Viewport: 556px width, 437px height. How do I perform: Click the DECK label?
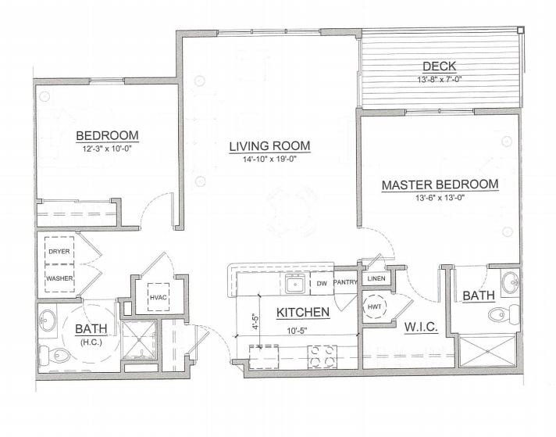click(x=439, y=66)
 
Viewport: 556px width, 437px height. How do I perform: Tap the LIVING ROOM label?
click(x=270, y=146)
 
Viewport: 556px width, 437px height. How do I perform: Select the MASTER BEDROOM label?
click(x=440, y=185)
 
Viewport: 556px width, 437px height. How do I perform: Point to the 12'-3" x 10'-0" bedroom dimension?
click(x=107, y=149)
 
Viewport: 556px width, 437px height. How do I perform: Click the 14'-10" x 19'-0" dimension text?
click(x=269, y=159)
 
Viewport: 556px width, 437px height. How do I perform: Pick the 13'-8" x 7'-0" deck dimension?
click(x=439, y=80)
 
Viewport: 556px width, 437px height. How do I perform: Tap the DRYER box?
click(x=59, y=251)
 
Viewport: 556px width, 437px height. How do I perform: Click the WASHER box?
click(x=59, y=278)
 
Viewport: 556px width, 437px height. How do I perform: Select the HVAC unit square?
click(x=159, y=297)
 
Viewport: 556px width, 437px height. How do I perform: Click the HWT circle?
click(x=375, y=306)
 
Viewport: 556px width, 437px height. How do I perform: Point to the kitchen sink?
click(x=295, y=284)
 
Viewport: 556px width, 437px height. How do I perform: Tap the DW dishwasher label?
click(x=322, y=284)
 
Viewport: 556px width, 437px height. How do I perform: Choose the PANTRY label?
click(x=345, y=282)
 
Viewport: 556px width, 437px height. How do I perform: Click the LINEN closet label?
click(x=376, y=278)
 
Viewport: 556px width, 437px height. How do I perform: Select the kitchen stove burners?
click(x=322, y=356)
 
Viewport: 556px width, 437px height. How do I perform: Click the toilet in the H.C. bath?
click(x=55, y=355)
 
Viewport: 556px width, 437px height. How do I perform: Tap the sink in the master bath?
click(x=510, y=282)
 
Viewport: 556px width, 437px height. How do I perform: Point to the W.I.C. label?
click(x=421, y=327)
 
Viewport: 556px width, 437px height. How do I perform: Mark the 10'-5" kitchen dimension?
click(x=297, y=331)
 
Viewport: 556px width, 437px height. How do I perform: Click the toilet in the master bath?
click(x=504, y=313)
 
